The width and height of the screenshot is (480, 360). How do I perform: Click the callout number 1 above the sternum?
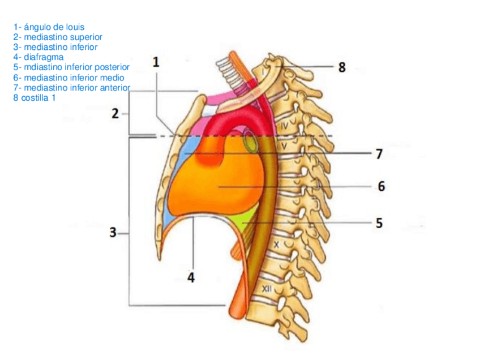point(156,63)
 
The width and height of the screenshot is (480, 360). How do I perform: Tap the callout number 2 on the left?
point(115,114)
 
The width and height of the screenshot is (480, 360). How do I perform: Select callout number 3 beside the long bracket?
point(114,232)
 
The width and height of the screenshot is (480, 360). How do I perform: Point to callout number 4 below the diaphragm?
point(191,278)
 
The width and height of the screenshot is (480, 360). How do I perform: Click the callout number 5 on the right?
point(379,223)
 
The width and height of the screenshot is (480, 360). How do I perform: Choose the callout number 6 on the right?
point(381,186)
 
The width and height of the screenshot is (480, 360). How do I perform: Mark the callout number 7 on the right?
point(379,153)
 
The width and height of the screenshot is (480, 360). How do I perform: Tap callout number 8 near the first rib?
point(342,67)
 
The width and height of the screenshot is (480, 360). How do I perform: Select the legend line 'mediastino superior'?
point(57,37)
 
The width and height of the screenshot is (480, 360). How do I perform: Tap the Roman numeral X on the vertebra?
point(276,245)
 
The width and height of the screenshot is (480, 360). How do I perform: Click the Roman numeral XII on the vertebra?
point(268,289)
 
